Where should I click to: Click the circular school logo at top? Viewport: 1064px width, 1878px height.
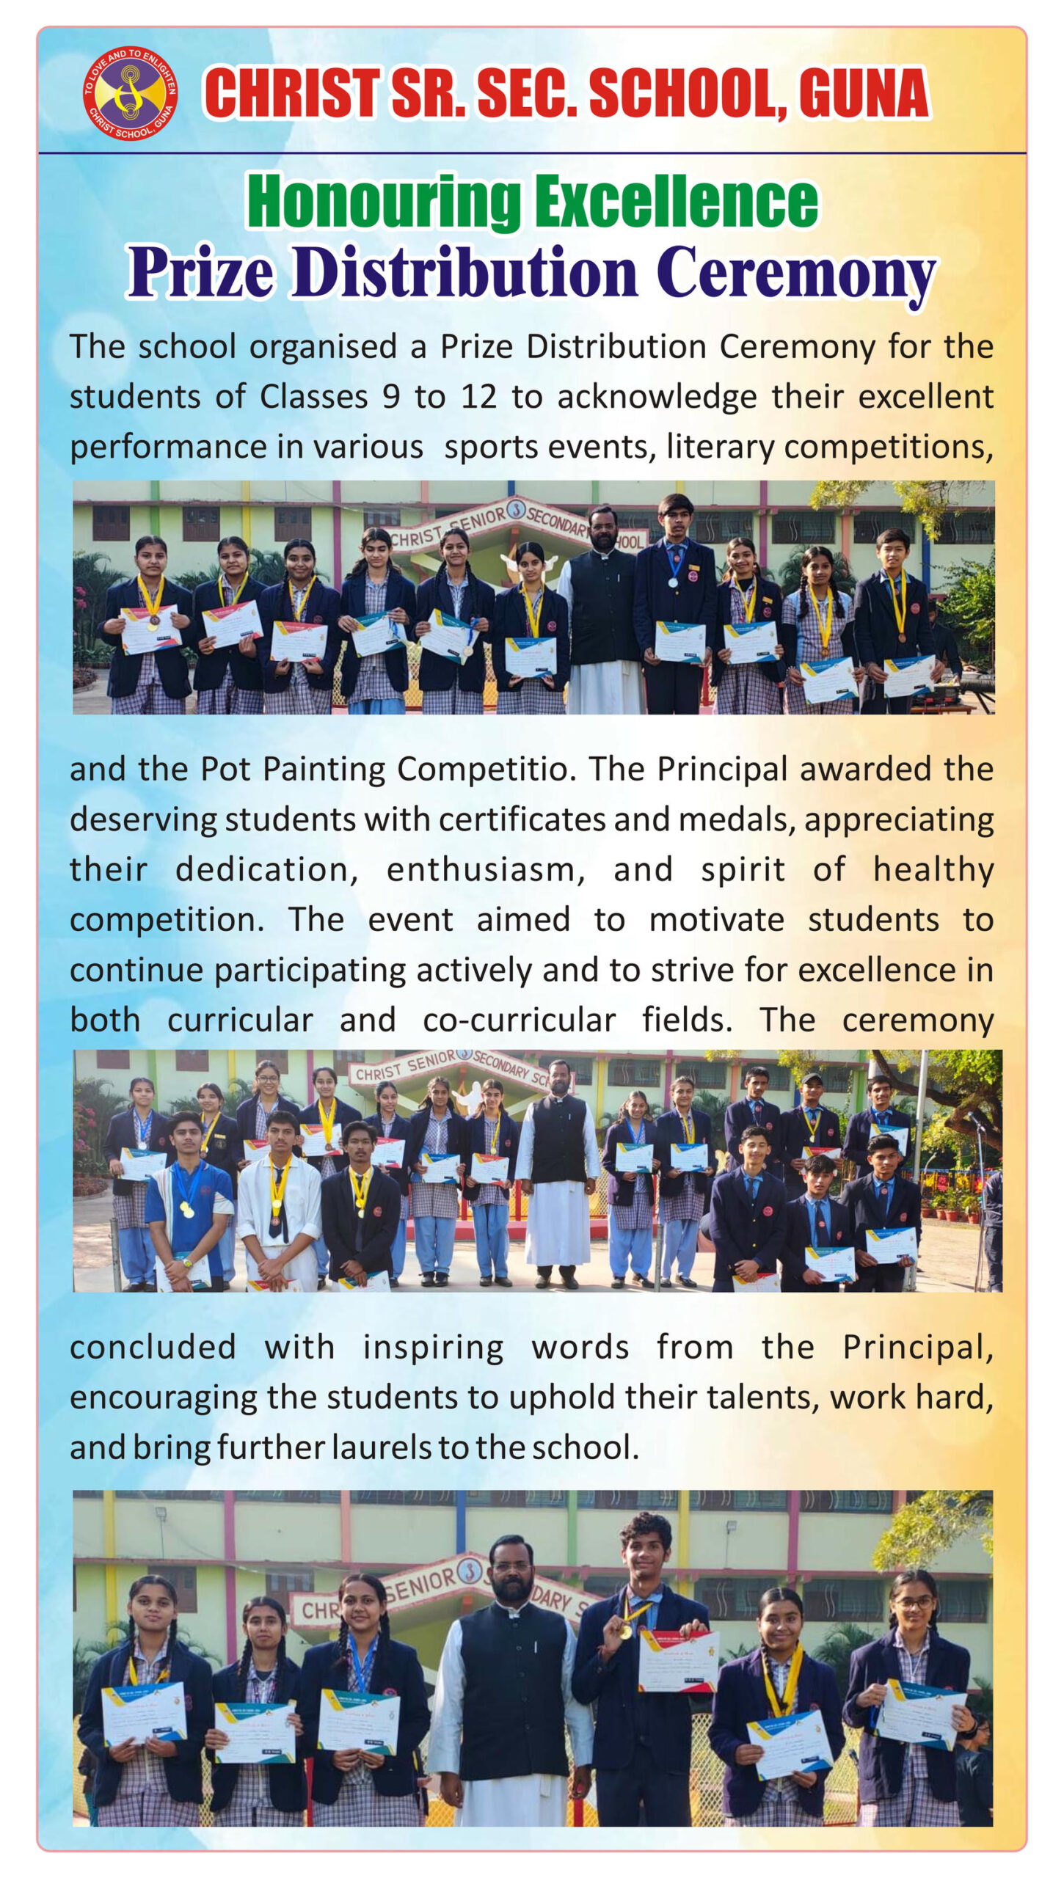click(x=129, y=92)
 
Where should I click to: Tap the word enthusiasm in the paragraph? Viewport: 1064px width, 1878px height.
click(x=486, y=870)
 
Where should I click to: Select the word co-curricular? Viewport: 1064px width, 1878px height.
click(x=519, y=1020)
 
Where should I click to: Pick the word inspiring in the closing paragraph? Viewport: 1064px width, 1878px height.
click(x=433, y=1348)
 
